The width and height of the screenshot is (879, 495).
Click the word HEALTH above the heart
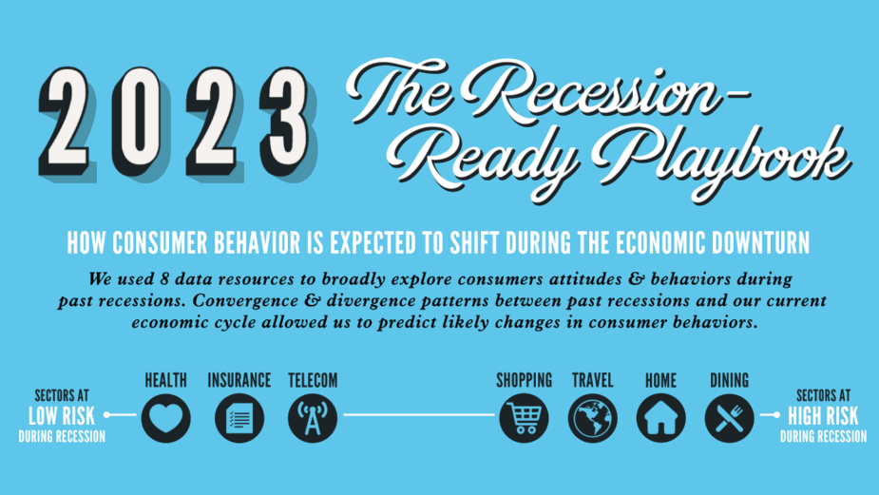[165, 380]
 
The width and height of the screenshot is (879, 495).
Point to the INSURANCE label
[239, 380]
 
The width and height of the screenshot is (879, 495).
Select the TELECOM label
[313, 380]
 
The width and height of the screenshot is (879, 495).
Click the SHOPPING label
[524, 380]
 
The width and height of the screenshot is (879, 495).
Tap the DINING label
[729, 380]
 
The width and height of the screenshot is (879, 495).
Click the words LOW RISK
[62, 415]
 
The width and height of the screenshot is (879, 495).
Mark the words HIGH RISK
[823, 415]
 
